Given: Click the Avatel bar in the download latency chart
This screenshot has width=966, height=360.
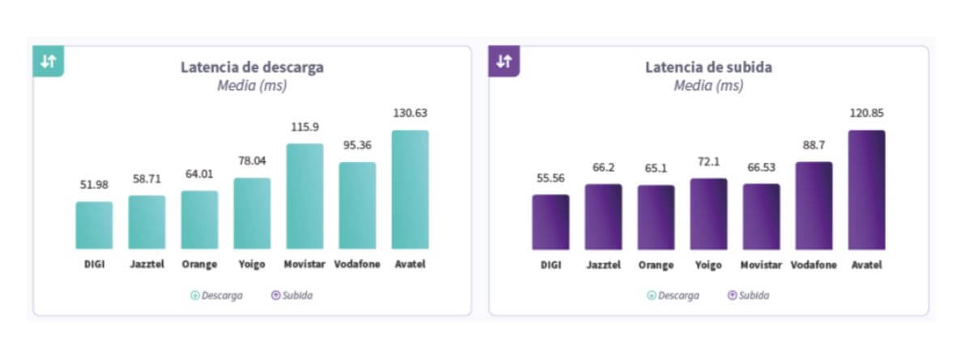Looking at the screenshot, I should (x=409, y=190).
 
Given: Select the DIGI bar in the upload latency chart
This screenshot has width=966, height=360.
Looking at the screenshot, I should (x=550, y=221).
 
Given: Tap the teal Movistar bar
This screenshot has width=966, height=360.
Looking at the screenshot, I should (x=304, y=196).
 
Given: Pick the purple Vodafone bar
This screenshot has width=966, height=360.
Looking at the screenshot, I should (x=814, y=205).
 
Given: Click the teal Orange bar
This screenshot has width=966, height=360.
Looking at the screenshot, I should (x=199, y=220).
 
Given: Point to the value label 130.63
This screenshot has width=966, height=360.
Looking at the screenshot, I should (x=410, y=114).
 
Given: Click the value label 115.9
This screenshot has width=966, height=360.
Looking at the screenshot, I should (x=305, y=127).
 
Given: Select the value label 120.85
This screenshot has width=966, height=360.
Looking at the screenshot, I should (x=866, y=114).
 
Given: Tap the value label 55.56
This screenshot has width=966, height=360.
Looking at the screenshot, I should (x=550, y=178).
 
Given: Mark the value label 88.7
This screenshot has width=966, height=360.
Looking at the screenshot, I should (x=814, y=145).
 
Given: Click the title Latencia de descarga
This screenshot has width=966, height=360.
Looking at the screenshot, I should (x=252, y=67).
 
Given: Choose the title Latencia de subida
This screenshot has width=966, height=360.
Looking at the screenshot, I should (x=708, y=67).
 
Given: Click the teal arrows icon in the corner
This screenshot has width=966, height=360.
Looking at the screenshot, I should (x=49, y=62).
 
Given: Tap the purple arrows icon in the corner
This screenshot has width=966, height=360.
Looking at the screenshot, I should (x=504, y=62).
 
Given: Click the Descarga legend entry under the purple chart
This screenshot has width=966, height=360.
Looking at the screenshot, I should (x=673, y=296).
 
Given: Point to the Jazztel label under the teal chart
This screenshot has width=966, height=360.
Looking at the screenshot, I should (x=147, y=264).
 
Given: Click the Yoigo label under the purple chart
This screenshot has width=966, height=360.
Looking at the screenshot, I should (x=708, y=264).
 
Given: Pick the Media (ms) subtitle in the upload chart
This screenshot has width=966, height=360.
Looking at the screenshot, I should (x=708, y=85).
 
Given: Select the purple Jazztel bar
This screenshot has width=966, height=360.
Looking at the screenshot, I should (x=603, y=216).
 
